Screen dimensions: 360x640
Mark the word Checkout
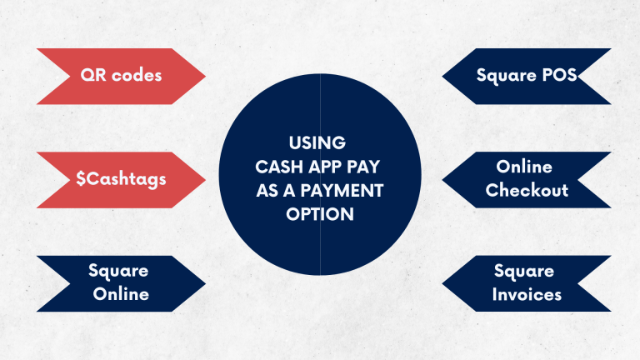click(527, 191)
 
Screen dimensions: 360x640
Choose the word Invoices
click(527, 294)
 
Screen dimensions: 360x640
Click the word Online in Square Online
click(121, 294)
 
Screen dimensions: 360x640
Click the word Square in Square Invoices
click(525, 272)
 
